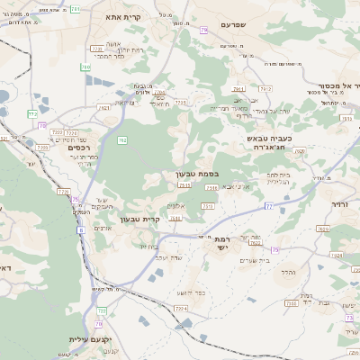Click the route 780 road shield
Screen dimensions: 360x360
(x=85, y=67)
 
